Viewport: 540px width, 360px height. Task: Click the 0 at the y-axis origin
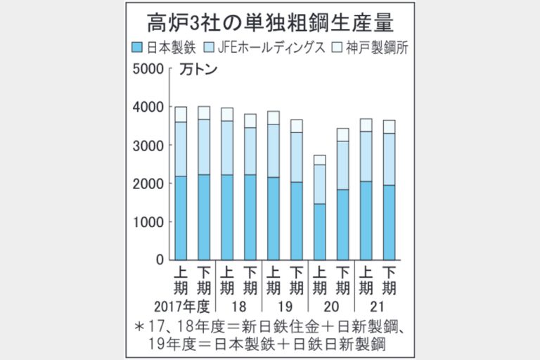click(x=159, y=260)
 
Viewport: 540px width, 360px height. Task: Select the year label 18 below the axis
click(x=239, y=307)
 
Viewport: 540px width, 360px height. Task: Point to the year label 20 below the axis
click(x=330, y=307)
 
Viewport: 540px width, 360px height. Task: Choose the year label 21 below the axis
click(x=378, y=307)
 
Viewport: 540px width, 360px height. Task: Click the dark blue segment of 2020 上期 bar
click(x=319, y=232)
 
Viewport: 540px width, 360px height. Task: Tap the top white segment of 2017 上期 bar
click(x=181, y=115)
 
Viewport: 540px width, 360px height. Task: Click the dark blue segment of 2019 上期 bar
click(x=273, y=219)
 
